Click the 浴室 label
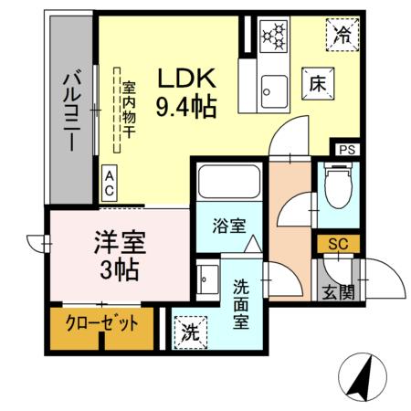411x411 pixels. [x=228, y=226]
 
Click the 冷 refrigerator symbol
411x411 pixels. [x=342, y=36]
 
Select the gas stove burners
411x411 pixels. [x=272, y=35]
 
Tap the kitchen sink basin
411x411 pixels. [x=272, y=88]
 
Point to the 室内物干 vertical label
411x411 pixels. [x=129, y=107]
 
